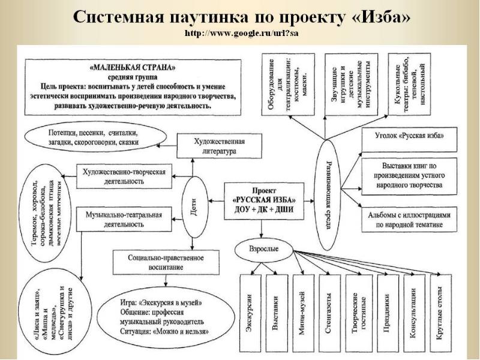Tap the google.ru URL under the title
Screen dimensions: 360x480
[241, 33]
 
